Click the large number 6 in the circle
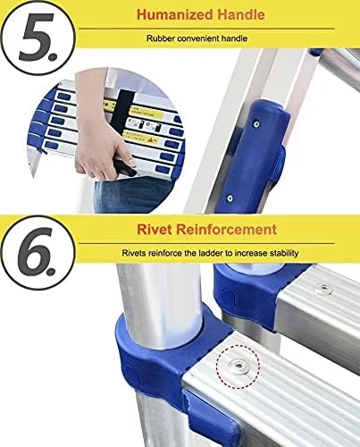(x=35, y=252)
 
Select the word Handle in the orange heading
(x=241, y=14)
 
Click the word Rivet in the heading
(x=155, y=230)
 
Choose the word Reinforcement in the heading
(x=226, y=230)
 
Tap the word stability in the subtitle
(x=284, y=253)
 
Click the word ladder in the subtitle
(x=211, y=253)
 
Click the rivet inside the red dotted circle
(x=238, y=366)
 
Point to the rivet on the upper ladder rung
(x=323, y=289)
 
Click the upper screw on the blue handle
(x=256, y=124)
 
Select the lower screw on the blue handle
(x=230, y=198)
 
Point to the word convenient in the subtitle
(x=198, y=38)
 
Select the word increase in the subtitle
(x=251, y=253)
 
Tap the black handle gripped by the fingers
(x=124, y=168)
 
